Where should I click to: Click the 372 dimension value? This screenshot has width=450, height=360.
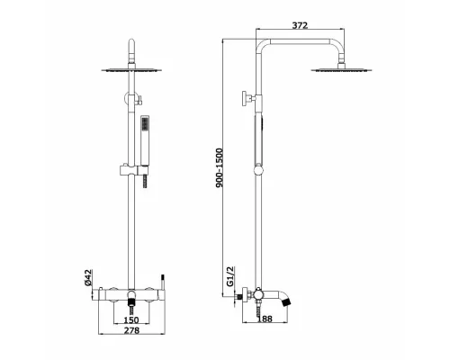point(300,25)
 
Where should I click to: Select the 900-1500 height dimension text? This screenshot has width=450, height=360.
point(220,167)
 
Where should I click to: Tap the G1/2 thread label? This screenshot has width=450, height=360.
point(229,276)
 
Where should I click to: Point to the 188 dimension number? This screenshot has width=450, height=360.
point(265,319)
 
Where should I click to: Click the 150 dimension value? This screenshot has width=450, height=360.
point(131,319)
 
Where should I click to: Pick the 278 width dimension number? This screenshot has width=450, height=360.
point(131,330)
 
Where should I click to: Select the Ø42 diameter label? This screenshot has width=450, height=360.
point(87,277)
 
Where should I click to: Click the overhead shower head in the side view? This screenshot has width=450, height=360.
point(342,70)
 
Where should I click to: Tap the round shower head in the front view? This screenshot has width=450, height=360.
point(131,70)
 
